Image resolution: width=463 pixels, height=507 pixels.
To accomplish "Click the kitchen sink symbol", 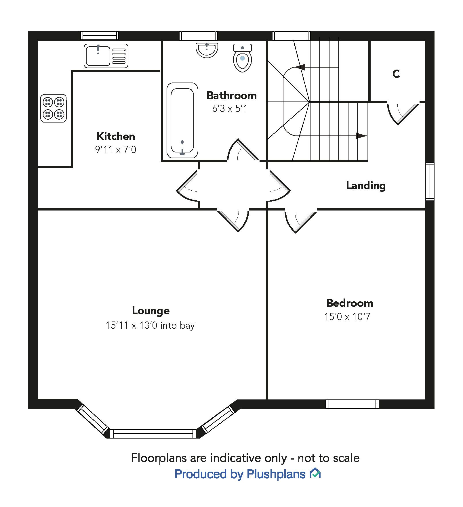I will pyautogui.click(x=106, y=56).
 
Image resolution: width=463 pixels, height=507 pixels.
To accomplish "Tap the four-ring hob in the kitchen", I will pyautogui.click(x=54, y=108).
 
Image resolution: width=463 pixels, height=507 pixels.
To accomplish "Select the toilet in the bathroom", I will pyautogui.click(x=242, y=58).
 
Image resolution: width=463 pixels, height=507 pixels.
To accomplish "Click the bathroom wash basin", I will pyautogui.click(x=207, y=50).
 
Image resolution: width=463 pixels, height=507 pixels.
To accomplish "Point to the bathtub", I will pyautogui.click(x=182, y=120).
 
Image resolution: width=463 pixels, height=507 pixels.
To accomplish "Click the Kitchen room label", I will pyautogui.click(x=116, y=136).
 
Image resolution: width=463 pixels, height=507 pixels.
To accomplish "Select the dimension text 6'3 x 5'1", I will pyautogui.click(x=230, y=109).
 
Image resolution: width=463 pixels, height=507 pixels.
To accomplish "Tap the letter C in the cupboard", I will pyautogui.click(x=396, y=74).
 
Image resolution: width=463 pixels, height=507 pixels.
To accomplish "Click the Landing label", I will pyautogui.click(x=366, y=186).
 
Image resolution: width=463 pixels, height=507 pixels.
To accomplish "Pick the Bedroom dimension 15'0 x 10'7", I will pyautogui.click(x=347, y=317).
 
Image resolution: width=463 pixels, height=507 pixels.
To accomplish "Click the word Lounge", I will pyautogui.click(x=151, y=311).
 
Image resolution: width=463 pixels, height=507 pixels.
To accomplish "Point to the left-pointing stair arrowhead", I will pyautogui.click(x=300, y=67).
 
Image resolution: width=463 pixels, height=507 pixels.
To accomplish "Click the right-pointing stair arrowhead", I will pyautogui.click(x=361, y=136).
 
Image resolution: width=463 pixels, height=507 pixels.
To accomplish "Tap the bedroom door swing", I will pyautogui.click(x=299, y=221).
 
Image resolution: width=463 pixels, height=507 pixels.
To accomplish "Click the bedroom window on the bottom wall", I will pyautogui.click(x=352, y=404).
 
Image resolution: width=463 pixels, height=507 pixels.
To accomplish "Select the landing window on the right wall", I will pyautogui.click(x=430, y=181).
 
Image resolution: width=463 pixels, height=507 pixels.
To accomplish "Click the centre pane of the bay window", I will pyautogui.click(x=153, y=433).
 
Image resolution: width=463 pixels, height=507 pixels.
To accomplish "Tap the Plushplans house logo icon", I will pyautogui.click(x=315, y=473).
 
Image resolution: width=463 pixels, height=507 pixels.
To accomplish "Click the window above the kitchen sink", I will pyautogui.click(x=99, y=35).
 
